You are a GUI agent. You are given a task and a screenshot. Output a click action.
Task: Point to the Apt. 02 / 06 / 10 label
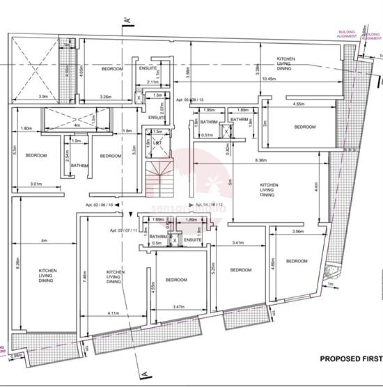(100, 206)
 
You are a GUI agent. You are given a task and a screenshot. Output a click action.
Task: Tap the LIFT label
(159, 142)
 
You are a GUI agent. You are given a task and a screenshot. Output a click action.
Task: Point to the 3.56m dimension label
(298, 231)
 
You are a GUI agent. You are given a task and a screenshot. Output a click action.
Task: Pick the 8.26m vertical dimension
(17, 264)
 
